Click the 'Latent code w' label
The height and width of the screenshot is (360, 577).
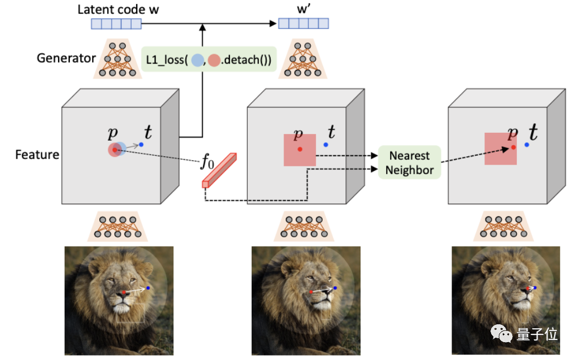[116, 9]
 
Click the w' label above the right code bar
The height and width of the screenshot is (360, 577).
[303, 9]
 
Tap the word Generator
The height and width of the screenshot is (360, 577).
[66, 58]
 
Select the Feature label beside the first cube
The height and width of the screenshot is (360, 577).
[37, 153]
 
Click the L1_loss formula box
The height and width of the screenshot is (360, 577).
[210, 59]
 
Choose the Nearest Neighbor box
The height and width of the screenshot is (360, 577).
[409, 162]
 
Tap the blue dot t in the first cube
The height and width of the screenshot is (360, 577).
[141, 145]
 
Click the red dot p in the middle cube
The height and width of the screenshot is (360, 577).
[300, 149]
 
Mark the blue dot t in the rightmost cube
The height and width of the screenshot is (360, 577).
[527, 145]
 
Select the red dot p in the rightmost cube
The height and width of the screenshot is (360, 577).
[513, 147]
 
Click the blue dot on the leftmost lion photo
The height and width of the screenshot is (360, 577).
[148, 288]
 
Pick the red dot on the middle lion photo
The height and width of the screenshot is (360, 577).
[311, 291]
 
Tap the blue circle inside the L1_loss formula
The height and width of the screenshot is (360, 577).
[197, 59]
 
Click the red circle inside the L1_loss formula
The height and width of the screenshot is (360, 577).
[214, 59]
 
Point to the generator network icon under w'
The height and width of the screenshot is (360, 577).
[304, 58]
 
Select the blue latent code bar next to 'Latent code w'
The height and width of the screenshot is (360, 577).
[116, 23]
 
